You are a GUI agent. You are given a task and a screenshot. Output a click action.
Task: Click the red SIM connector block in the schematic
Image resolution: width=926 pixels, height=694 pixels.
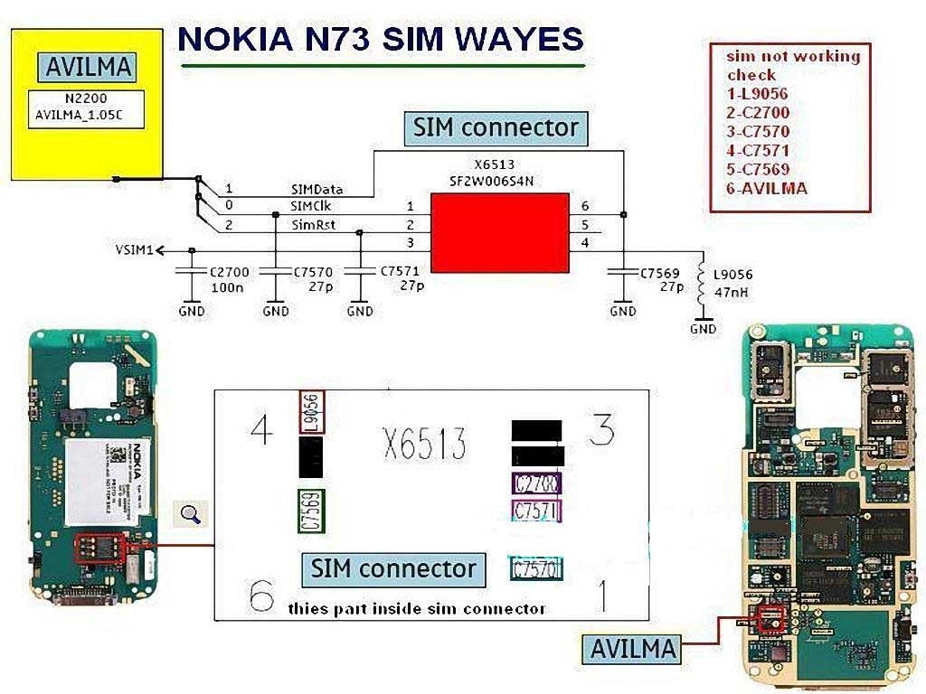[499, 232]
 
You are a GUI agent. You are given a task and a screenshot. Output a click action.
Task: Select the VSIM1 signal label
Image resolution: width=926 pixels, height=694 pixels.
[134, 249]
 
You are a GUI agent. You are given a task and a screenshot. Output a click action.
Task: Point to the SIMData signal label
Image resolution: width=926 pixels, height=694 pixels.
[317, 190]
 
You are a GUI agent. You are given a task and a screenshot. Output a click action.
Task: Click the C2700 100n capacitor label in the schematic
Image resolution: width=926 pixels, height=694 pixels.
[228, 278]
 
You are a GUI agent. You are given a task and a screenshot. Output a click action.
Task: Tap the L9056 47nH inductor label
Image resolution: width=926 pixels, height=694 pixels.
[732, 283]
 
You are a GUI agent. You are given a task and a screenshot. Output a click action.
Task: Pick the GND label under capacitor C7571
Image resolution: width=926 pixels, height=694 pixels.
[360, 311]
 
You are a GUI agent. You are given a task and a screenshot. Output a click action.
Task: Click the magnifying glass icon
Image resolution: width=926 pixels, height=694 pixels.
[191, 514]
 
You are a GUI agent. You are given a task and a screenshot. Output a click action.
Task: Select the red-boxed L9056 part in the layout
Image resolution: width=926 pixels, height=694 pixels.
[311, 413]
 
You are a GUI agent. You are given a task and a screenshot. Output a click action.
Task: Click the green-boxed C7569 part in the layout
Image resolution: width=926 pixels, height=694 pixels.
[312, 511]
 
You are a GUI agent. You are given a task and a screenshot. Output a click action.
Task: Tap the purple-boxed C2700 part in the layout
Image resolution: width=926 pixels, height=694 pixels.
[536, 483]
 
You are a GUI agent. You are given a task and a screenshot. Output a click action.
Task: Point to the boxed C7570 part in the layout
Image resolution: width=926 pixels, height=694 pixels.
[536, 569]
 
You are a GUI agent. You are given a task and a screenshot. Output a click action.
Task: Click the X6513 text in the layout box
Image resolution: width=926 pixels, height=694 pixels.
[425, 445]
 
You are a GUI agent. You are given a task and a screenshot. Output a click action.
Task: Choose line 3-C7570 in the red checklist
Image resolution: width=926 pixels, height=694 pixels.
[758, 132]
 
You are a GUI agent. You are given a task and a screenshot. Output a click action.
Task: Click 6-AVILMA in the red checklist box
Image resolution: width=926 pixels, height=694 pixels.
[767, 189]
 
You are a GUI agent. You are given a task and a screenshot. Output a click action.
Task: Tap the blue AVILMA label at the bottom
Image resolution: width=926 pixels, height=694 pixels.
[633, 648]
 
